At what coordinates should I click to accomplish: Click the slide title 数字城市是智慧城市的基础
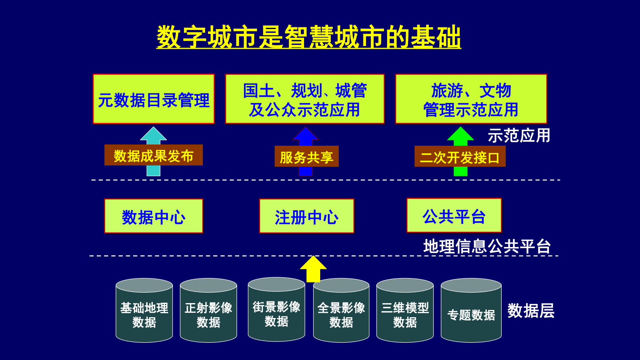click(x=309, y=37)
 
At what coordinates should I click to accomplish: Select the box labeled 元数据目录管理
click(x=154, y=99)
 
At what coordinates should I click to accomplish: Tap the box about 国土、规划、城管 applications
click(x=305, y=99)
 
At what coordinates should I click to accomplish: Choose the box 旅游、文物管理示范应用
click(x=471, y=99)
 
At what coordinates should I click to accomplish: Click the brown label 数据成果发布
click(x=154, y=155)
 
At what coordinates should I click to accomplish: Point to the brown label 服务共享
click(x=306, y=157)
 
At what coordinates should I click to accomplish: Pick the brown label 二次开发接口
click(x=460, y=157)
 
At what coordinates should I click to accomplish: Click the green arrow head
click(x=461, y=135)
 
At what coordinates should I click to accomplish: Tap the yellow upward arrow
click(x=313, y=268)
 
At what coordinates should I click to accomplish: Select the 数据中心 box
click(x=154, y=216)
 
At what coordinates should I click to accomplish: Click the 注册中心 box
click(x=306, y=216)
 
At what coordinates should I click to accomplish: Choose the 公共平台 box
click(x=454, y=216)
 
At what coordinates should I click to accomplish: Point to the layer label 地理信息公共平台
click(x=487, y=246)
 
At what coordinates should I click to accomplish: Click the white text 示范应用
click(x=519, y=136)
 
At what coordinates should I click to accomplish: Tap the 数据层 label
click(x=531, y=311)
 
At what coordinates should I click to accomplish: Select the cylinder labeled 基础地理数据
click(x=144, y=315)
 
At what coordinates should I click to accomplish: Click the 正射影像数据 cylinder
click(x=208, y=315)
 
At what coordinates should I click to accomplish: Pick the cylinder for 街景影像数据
click(x=277, y=314)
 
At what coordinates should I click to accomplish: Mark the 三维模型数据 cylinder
click(x=405, y=315)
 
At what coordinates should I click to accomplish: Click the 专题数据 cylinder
click(x=471, y=315)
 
